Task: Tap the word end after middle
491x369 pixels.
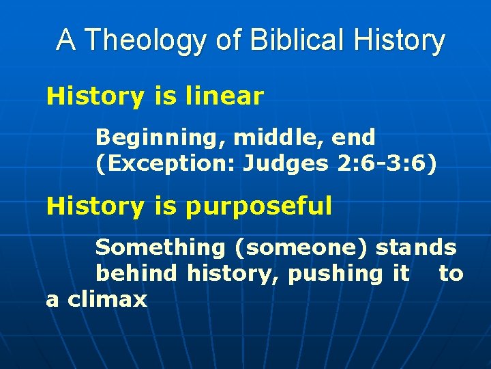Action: click(354, 137)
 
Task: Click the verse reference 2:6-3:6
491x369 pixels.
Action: click(383, 165)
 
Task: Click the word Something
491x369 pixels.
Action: click(160, 247)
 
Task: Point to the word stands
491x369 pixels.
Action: click(416, 247)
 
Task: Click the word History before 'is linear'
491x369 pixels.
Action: click(95, 96)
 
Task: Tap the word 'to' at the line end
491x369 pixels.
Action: click(451, 274)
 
